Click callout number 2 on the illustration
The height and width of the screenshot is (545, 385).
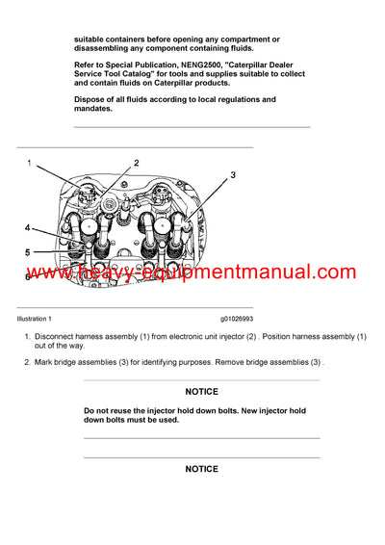136,163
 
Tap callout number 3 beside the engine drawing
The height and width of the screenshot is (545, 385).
232,175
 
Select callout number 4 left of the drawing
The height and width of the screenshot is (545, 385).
27,228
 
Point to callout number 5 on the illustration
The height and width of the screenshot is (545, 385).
27,252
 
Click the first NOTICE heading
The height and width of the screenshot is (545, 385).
201,392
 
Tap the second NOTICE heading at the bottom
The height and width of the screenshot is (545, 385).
201,469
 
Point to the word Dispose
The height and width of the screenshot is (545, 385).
91,99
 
